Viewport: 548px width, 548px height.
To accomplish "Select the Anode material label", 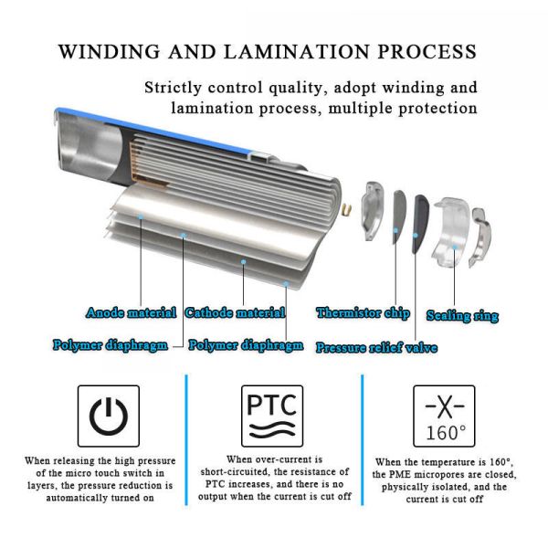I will [131, 313].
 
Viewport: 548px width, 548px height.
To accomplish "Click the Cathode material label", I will [235, 313].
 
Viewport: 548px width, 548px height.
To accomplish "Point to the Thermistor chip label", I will [363, 313].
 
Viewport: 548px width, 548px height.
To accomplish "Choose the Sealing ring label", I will [462, 316].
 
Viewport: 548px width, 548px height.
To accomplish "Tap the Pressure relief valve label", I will [375, 348].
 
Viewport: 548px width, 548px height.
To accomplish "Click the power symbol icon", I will [109, 416].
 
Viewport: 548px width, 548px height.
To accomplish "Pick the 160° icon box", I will [444, 416].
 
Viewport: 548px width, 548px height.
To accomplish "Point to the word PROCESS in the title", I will [434, 50].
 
